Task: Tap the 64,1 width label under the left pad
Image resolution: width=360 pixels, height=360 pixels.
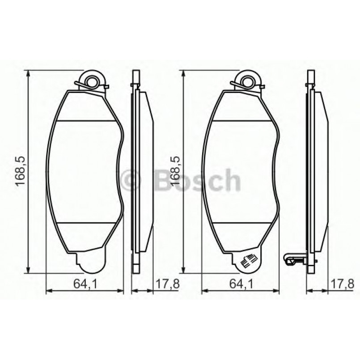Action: tap(85, 283)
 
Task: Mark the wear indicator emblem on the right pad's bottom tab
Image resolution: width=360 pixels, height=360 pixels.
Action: tap(248, 262)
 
